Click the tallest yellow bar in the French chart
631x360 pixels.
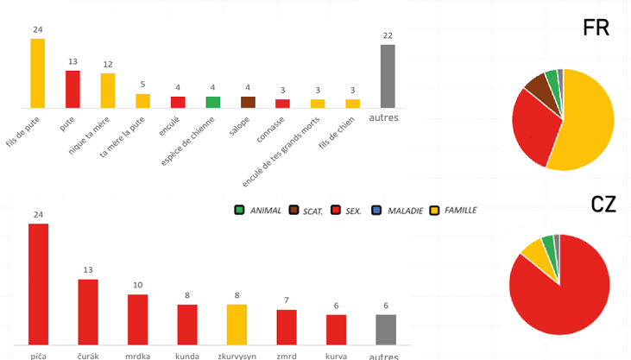(38, 73)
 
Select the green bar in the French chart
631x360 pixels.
(213, 102)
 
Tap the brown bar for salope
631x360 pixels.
(248, 102)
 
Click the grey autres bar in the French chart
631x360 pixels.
(388, 76)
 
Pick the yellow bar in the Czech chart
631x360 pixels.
(237, 324)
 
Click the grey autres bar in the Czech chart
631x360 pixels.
(386, 329)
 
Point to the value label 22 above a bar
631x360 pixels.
(388, 35)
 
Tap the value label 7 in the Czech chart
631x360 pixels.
(287, 300)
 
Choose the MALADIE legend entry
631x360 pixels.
(398, 210)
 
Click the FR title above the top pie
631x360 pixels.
(596, 28)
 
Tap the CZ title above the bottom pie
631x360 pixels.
(603, 205)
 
